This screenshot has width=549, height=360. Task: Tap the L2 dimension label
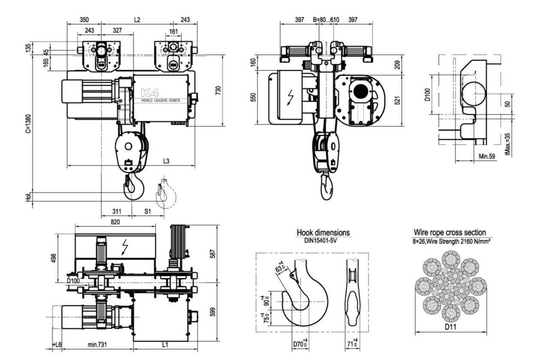tap(137, 20)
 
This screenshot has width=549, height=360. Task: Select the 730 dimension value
tap(230, 91)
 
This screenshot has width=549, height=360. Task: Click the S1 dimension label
tap(147, 212)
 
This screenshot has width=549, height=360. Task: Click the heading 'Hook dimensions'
tap(323, 232)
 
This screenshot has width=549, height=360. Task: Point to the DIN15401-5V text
tap(323, 239)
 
